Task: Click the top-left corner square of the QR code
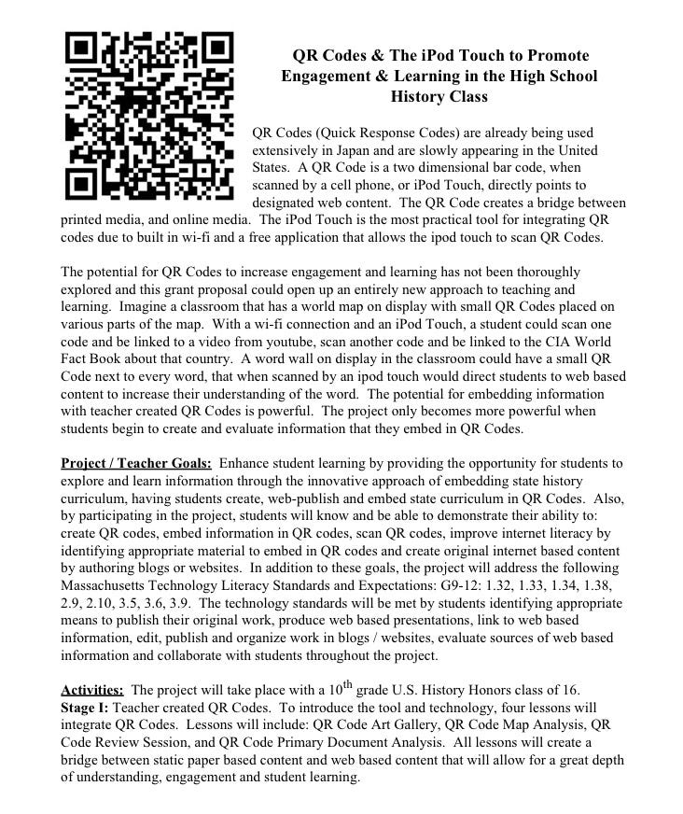[83, 48]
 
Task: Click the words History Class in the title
[439, 96]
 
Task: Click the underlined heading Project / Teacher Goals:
[136, 463]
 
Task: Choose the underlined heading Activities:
[92, 691]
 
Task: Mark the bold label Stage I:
[85, 708]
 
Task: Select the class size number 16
[570, 691]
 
